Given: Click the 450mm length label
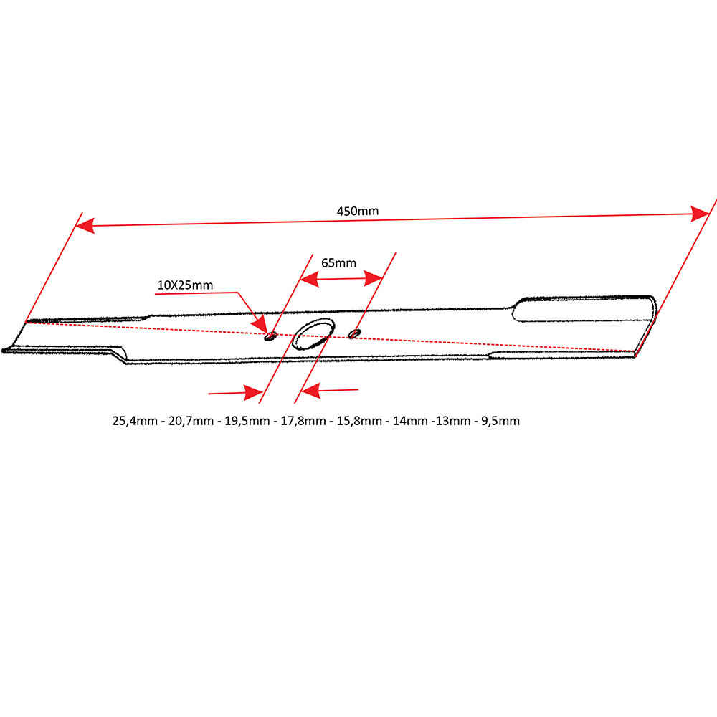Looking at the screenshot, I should click(358, 212).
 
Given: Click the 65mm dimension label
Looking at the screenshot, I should click(338, 263).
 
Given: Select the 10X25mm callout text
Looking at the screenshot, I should click(185, 285).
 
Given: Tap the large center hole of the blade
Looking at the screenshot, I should click(313, 334).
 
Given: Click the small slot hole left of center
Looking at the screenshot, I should click(271, 336).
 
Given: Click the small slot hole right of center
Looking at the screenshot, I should click(354, 333).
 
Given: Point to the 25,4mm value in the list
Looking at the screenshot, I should click(134, 421).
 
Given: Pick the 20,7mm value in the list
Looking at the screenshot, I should click(190, 421).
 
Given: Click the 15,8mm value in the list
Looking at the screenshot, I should click(359, 421).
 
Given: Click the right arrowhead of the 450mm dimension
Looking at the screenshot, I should click(701, 213).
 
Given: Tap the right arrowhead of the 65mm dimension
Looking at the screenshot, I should click(375, 276).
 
